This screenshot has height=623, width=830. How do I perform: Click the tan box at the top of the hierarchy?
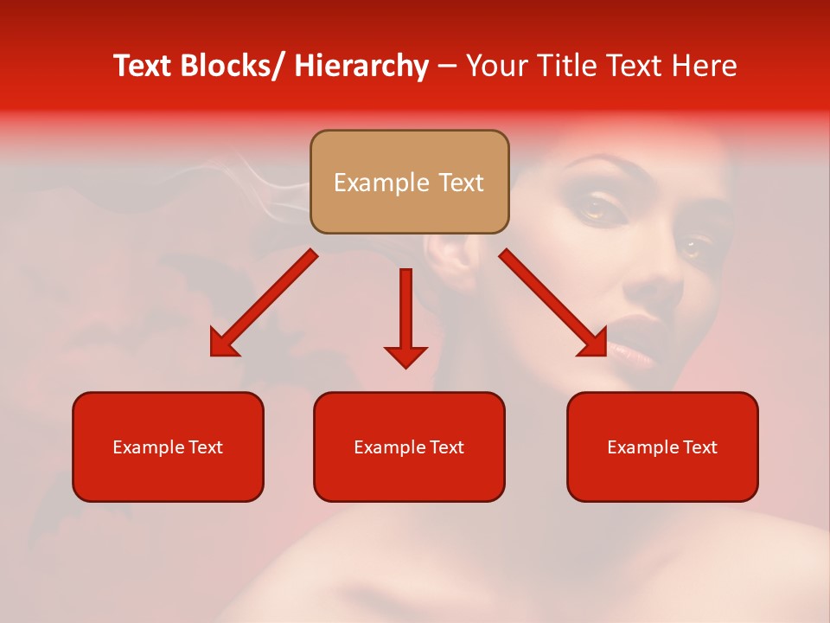[409, 182]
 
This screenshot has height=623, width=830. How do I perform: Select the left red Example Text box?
[168, 446]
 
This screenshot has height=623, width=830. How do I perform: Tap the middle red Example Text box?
[409, 446]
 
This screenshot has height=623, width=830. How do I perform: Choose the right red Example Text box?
[662, 446]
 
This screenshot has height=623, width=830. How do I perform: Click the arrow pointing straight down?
[405, 317]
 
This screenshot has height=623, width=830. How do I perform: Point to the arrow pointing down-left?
[263, 304]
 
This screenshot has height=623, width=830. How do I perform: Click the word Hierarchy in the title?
[361, 67]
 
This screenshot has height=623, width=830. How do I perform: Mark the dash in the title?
[447, 67]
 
